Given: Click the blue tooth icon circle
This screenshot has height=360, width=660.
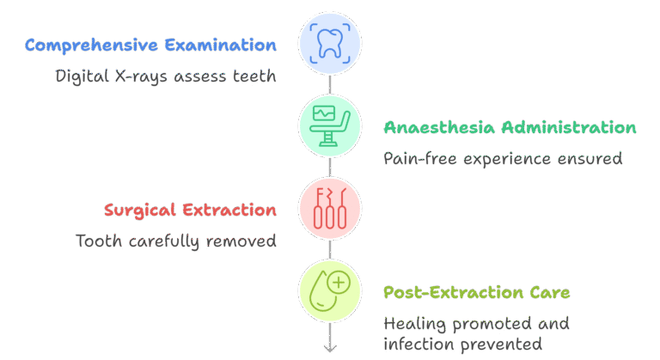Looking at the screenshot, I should [x=330, y=44].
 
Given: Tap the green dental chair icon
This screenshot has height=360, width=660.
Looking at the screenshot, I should [x=330, y=126].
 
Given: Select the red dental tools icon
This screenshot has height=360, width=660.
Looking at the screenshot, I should [x=330, y=209].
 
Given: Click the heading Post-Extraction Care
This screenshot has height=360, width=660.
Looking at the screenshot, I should [x=476, y=293].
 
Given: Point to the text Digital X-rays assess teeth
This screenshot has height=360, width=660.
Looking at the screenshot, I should [x=166, y=76].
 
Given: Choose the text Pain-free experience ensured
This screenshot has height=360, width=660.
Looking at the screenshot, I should [x=502, y=159].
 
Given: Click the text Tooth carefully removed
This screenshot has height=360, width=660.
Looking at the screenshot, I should [x=176, y=241].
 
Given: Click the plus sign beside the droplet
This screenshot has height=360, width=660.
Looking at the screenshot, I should [x=339, y=283].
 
